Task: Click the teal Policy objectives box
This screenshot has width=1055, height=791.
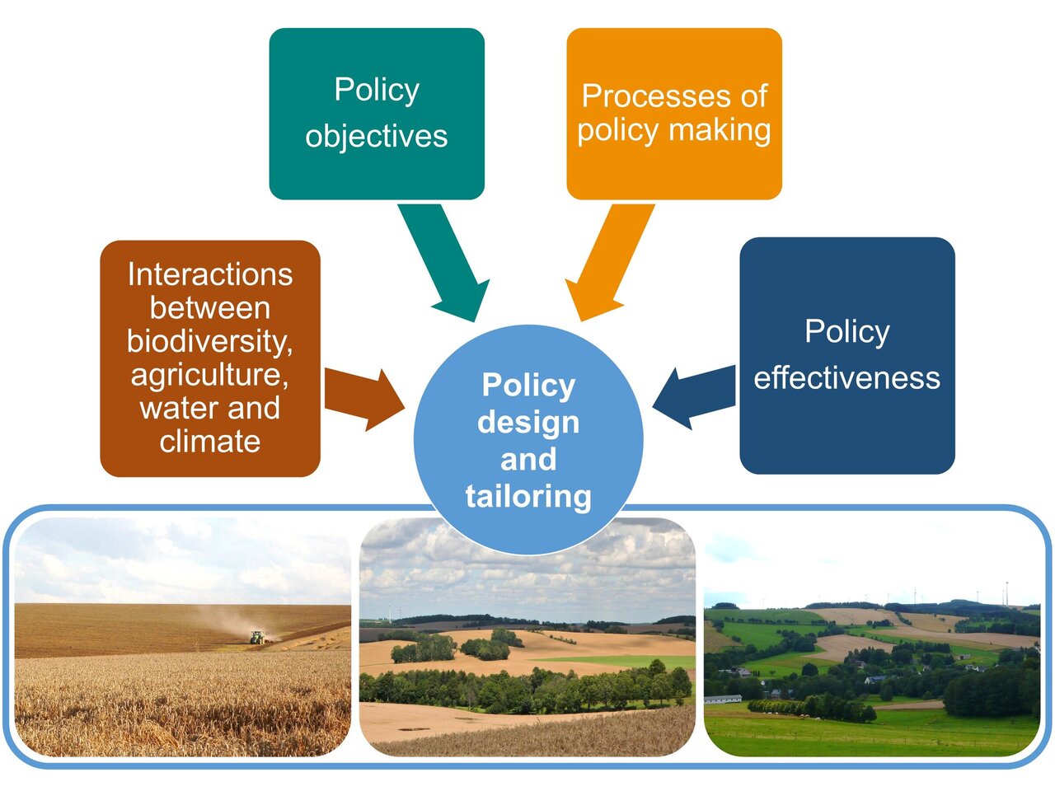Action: [x=377, y=114]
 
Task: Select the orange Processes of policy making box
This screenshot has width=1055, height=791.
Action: [x=674, y=114]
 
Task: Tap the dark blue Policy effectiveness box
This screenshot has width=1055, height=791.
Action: [x=847, y=355]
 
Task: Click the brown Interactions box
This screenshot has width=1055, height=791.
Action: [x=210, y=358]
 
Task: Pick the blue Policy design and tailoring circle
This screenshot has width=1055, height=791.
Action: [x=528, y=439]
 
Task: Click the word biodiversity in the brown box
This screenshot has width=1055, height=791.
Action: [x=209, y=341]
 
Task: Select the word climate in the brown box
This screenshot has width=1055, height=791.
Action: [x=210, y=442]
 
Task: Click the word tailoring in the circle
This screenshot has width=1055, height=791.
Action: [x=528, y=496]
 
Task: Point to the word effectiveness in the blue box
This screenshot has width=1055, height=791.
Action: [x=846, y=378]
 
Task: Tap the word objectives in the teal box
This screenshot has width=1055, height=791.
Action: [x=377, y=136]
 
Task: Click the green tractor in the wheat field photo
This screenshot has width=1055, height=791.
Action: [x=257, y=637]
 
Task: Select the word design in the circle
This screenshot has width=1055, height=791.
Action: [x=528, y=422]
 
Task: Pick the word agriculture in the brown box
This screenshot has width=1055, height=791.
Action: [x=209, y=375]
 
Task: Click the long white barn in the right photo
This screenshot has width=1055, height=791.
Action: [x=723, y=699]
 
